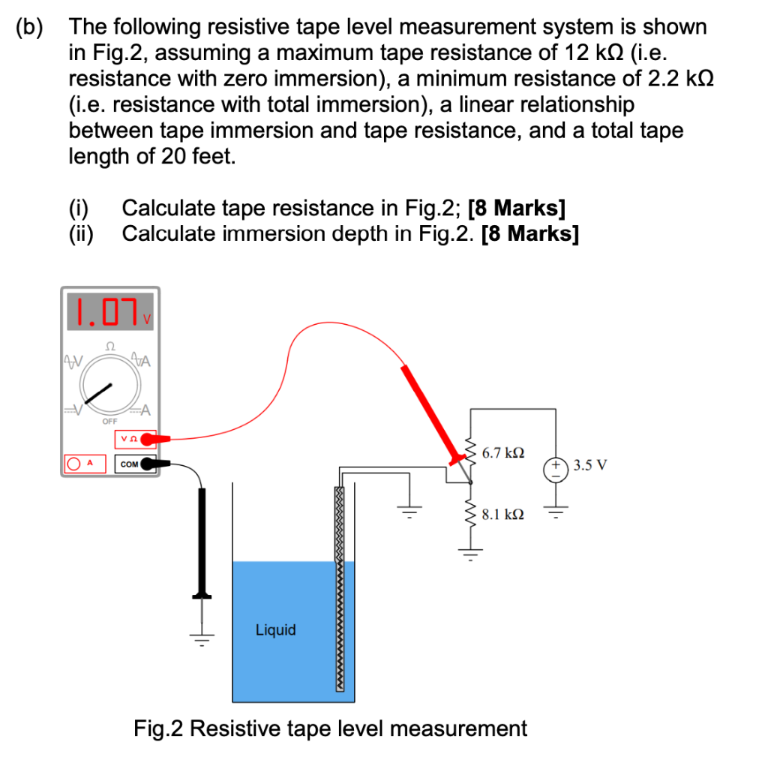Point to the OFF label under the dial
[109, 422]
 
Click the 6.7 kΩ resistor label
[503, 453]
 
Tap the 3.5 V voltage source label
[590, 464]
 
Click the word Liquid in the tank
[275, 630]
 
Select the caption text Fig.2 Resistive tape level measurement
[330, 728]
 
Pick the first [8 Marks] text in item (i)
[517, 208]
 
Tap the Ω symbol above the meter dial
[110, 347]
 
